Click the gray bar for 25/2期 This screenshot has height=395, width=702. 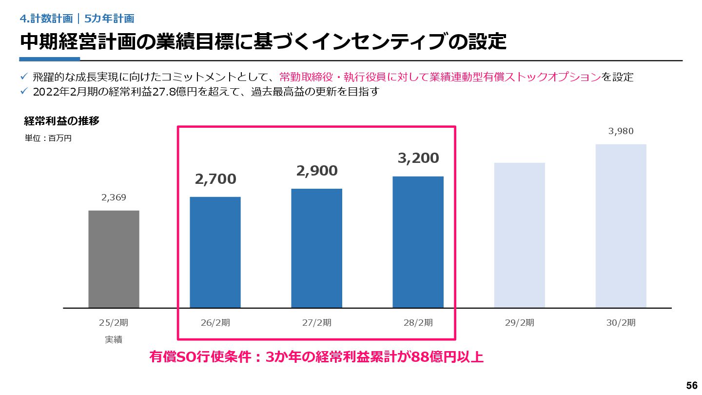(114, 259)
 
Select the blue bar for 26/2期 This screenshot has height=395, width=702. (215, 252)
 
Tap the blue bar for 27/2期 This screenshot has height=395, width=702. (316, 248)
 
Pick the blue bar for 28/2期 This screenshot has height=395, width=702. (418, 242)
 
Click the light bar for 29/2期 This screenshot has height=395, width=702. (519, 235)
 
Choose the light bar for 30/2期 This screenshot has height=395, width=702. (621, 226)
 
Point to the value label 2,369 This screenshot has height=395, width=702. (114, 197)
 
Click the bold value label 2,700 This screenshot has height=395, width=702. (215, 179)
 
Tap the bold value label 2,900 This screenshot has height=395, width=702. (317, 171)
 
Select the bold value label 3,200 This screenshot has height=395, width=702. (418, 158)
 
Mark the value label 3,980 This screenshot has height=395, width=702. (621, 131)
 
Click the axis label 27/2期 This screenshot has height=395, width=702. (317, 323)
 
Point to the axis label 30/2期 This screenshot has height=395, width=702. (621, 323)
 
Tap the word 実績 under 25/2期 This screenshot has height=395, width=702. (114, 339)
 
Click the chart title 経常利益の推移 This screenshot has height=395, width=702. (62, 121)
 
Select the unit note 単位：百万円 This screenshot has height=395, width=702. (48, 138)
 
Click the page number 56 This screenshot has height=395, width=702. (691, 385)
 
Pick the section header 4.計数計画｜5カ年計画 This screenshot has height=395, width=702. (77, 19)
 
